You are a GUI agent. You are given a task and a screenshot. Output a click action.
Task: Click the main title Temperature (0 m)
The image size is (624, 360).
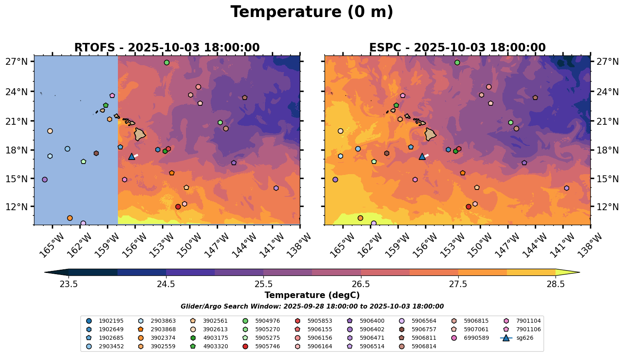312,12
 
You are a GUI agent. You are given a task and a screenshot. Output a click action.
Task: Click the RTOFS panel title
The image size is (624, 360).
167,48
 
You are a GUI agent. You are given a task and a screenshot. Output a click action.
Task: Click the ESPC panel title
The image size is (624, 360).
457,48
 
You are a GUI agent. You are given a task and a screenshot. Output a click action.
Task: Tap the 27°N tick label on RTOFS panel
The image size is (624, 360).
17,62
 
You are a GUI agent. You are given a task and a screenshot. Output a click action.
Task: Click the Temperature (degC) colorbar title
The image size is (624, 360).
312,295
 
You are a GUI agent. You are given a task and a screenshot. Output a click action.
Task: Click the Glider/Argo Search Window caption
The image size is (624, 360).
312,307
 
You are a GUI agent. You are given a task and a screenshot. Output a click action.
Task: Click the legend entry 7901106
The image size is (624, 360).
528,329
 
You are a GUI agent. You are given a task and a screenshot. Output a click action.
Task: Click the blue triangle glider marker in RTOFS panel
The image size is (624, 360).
131,157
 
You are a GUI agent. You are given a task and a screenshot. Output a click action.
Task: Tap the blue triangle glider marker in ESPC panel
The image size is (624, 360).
422,157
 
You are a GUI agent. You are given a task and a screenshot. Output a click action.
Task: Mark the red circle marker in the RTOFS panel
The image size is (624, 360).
178,207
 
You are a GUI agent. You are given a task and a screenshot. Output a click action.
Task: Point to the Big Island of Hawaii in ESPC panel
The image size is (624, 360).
430,134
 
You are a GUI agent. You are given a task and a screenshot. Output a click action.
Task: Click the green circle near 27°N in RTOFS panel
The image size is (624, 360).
167,63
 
